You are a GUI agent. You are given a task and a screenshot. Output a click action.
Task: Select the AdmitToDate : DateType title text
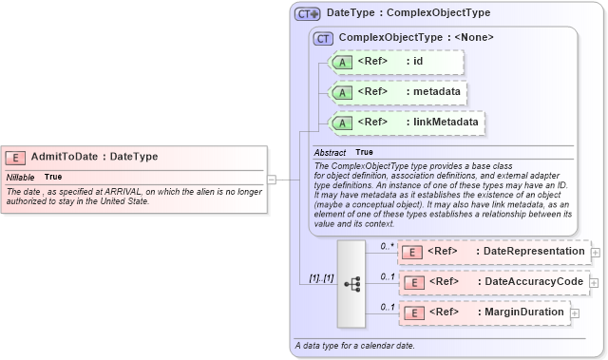tap(94, 157)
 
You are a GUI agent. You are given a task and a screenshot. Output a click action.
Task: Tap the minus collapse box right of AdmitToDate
tap(272, 178)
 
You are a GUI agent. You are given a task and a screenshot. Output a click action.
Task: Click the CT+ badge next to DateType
tap(308, 13)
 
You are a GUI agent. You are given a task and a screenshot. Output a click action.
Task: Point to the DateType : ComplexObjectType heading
tap(408, 13)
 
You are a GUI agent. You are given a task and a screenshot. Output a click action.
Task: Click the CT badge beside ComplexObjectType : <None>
tap(323, 38)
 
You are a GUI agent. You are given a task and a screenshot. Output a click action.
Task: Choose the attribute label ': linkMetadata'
tap(442, 123)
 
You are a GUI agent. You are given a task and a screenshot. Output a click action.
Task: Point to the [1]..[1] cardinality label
tap(320, 278)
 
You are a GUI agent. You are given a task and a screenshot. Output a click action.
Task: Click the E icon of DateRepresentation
tap(412, 252)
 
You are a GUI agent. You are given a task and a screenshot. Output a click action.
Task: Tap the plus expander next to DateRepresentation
tap(596, 252)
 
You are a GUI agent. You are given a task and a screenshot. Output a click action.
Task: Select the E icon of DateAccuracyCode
tap(412, 282)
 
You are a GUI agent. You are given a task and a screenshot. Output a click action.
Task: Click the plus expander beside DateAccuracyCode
tap(596, 282)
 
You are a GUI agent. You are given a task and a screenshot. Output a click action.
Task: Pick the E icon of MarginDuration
tap(412, 313)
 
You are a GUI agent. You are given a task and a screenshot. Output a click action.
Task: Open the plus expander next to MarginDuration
tap(575, 313)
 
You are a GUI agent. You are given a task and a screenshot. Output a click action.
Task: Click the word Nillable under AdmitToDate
tap(20, 177)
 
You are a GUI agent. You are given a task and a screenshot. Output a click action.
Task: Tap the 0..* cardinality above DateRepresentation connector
tap(387, 246)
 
